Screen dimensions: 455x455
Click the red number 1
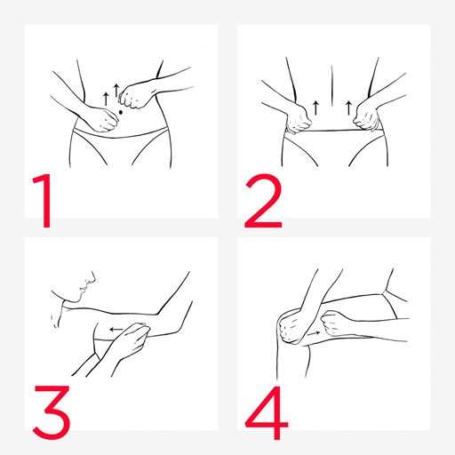pyautogui.click(x=44, y=201)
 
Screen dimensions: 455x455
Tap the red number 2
pyautogui.click(x=263, y=201)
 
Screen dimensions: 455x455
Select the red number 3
pyautogui.click(x=52, y=412)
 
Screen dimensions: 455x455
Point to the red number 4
pyautogui.click(x=267, y=413)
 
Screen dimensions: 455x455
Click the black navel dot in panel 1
pyautogui.click(x=121, y=112)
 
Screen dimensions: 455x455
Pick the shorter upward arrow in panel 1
pyautogui.click(x=106, y=99)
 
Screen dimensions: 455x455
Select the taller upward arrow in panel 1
pyautogui.click(x=116, y=91)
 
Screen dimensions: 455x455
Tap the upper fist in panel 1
pyautogui.click(x=134, y=95)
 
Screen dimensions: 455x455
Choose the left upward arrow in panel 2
pyautogui.click(x=315, y=108)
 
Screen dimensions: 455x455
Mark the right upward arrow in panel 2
pyautogui.click(x=348, y=108)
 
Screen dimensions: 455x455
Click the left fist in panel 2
pyautogui.click(x=298, y=118)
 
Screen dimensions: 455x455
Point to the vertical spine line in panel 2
pyautogui.click(x=331, y=86)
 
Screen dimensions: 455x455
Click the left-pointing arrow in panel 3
pyautogui.click(x=116, y=329)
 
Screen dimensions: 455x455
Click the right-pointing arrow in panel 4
pyautogui.click(x=314, y=333)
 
